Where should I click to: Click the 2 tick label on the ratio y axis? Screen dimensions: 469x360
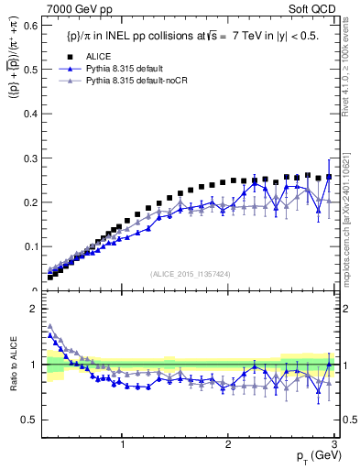coord(33,309)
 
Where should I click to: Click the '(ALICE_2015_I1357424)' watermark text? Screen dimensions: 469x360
coord(190,274)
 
